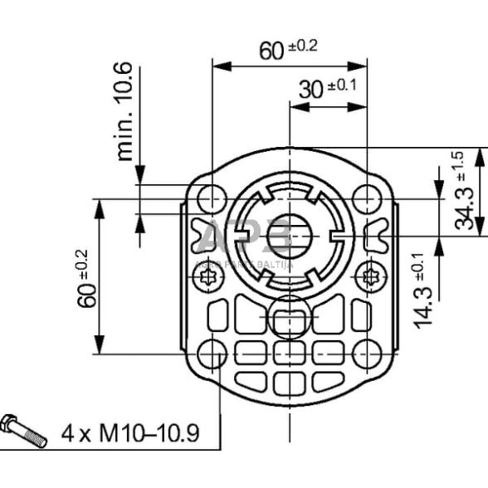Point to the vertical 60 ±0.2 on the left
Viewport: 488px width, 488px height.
[x=87, y=277]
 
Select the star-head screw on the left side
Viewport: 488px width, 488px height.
[x=211, y=276]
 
